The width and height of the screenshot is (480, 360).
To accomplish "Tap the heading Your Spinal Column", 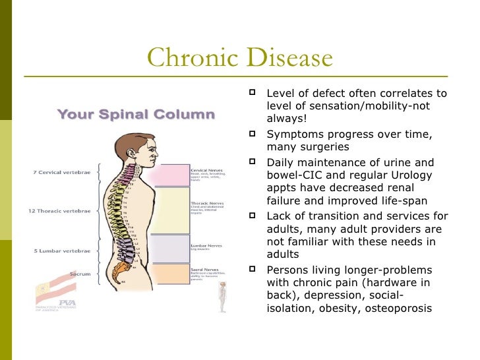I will (x=136, y=115).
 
